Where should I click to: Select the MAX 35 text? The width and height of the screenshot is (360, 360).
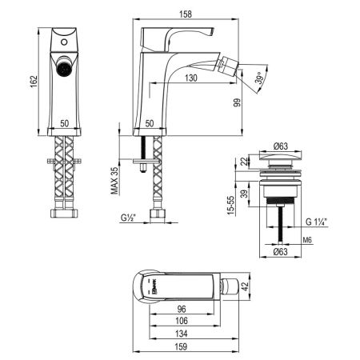pyautogui.click(x=115, y=180)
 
